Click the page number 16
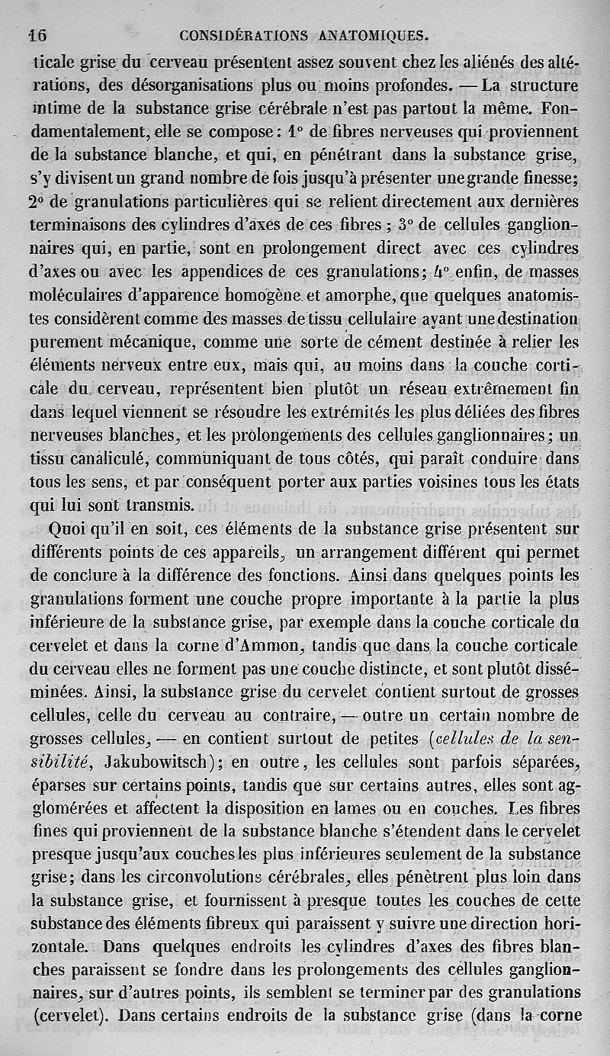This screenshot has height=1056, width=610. [37, 34]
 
